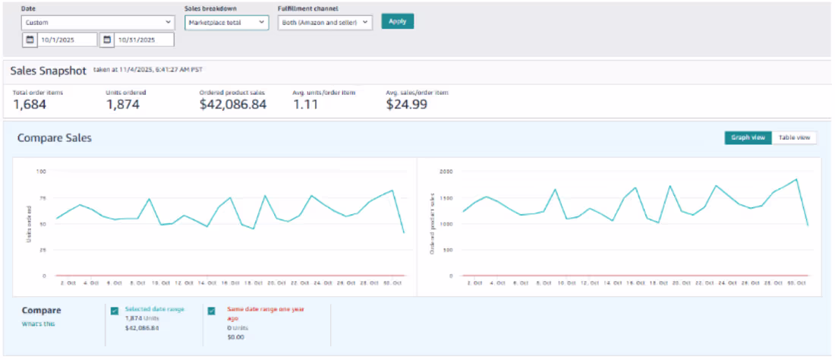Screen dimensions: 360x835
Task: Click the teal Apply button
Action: click(397, 21)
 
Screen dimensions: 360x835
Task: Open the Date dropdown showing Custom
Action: click(99, 23)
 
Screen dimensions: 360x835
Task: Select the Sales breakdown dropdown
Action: click(227, 23)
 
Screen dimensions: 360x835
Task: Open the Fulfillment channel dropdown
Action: click(325, 23)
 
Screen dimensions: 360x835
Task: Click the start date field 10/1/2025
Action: click(68, 39)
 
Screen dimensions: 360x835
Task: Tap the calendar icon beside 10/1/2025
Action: click(30, 39)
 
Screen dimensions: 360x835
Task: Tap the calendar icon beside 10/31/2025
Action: click(107, 39)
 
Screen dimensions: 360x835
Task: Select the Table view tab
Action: click(794, 137)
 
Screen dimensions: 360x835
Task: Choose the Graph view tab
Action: click(748, 137)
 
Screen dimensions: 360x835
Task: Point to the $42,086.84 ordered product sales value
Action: click(233, 105)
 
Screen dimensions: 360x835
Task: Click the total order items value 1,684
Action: click(30, 105)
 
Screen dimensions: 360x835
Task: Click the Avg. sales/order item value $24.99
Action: click(406, 105)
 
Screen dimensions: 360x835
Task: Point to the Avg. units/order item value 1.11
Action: click(307, 105)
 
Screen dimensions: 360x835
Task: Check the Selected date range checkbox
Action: click(114, 311)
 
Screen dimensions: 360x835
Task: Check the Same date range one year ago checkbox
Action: click(212, 311)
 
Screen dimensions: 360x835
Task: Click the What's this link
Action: click(38, 324)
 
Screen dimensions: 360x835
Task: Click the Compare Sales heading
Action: click(54, 138)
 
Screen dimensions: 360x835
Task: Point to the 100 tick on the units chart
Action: click(41, 172)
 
